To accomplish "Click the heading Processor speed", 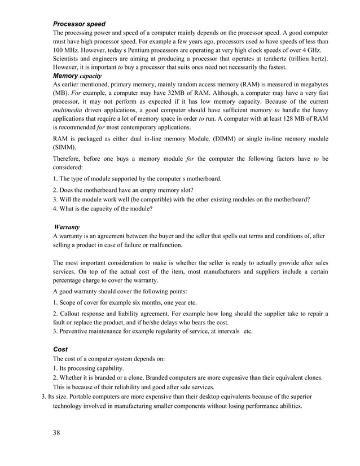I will (x=80, y=24).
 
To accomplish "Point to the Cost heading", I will (x=60, y=349).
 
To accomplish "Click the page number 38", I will (x=57, y=432).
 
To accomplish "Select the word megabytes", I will (x=310, y=84).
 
